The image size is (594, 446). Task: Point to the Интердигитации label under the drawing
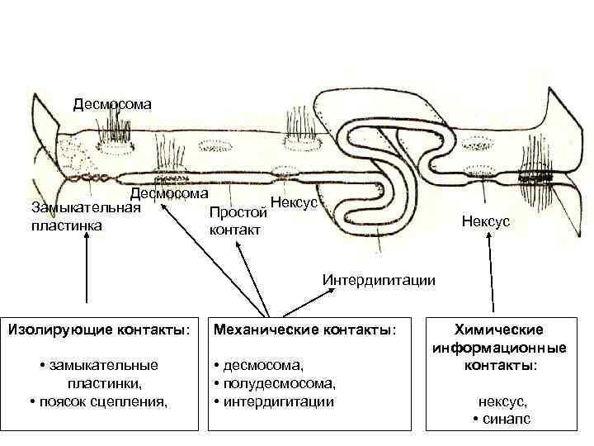(379, 279)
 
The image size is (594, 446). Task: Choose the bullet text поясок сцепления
(98, 402)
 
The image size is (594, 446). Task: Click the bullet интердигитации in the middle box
(274, 402)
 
